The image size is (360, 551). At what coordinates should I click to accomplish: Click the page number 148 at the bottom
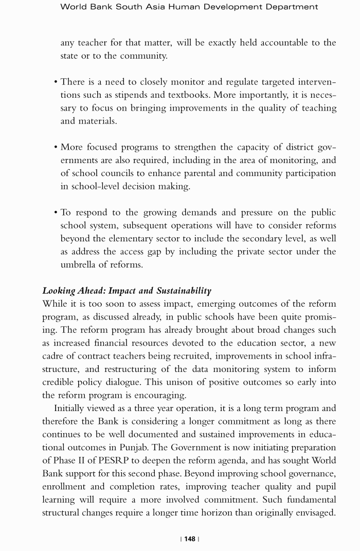[x=190, y=539]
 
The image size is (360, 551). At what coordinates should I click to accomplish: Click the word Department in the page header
[x=292, y=7]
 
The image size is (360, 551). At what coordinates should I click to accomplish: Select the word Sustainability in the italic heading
[x=184, y=291]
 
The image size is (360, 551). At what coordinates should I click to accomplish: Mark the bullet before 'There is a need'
[x=56, y=82]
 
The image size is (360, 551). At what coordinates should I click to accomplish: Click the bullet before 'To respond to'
[x=56, y=212]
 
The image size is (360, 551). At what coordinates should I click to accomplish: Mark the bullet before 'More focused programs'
[x=56, y=148]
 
